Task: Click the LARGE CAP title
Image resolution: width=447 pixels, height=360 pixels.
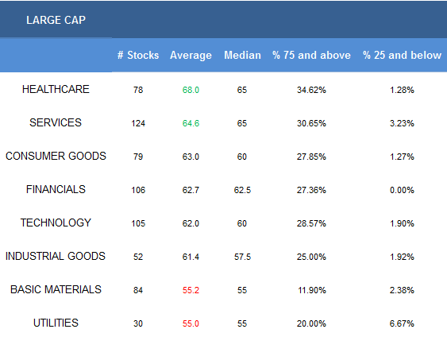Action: pos(56,20)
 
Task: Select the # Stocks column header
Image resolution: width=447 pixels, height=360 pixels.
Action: pos(138,55)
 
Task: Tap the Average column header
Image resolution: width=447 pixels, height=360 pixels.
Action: pos(191,56)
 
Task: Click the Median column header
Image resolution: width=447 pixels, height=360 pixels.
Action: pos(242,55)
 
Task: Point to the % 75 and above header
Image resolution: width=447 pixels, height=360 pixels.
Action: pos(311,55)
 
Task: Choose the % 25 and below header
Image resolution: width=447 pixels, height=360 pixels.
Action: pos(402,55)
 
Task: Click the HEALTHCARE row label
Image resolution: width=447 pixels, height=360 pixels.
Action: pos(56,89)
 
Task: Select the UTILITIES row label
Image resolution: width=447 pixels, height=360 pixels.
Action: pos(56,323)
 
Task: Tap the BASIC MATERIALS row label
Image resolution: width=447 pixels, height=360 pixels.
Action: pos(56,289)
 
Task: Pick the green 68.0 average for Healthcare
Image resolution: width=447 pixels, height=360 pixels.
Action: pos(191,90)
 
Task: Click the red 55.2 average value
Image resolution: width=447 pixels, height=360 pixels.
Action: pos(191,290)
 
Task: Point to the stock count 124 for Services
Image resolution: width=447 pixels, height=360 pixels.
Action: pos(138,123)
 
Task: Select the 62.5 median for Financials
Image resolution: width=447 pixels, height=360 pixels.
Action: pos(242,190)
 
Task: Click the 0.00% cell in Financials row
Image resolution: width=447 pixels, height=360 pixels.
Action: pos(402,190)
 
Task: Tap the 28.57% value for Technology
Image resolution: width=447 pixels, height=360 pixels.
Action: pos(311,223)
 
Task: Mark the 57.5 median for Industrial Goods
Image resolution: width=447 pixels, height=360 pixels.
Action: pos(242,257)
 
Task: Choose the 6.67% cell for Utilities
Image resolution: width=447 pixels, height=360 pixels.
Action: pos(402,323)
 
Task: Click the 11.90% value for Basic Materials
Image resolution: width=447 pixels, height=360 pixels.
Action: pos(311,290)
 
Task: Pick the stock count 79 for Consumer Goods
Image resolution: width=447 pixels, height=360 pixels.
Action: pos(138,157)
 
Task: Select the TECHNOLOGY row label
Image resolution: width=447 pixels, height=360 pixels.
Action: pos(56,223)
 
